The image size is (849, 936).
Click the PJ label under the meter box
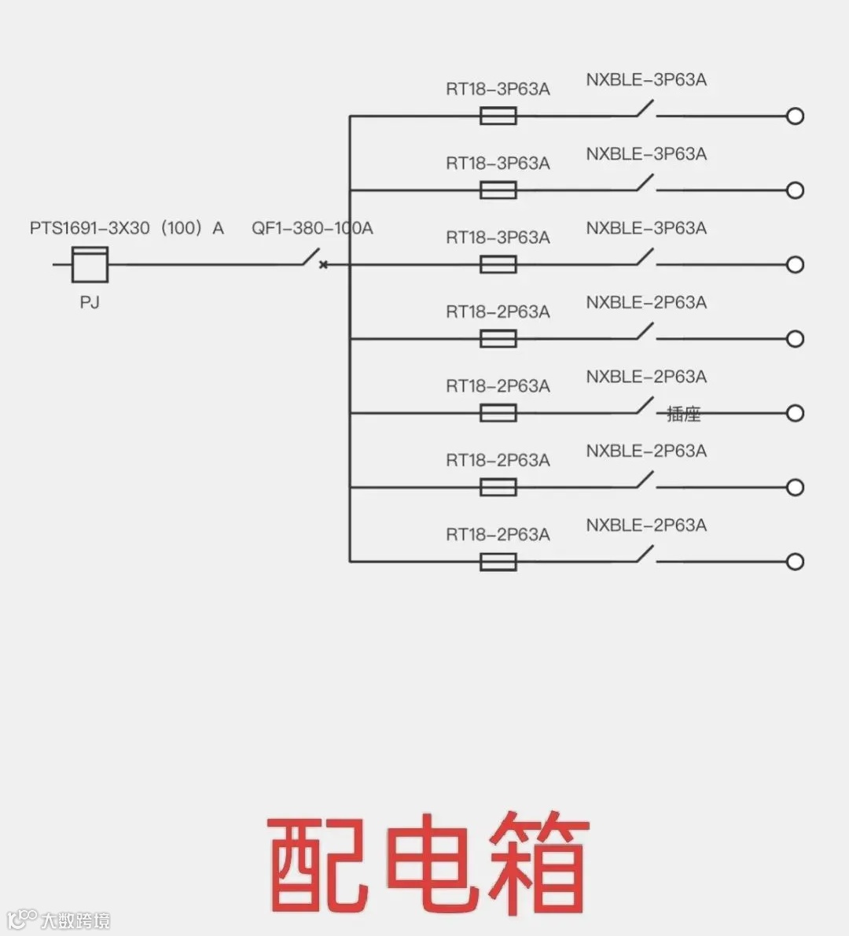(x=90, y=302)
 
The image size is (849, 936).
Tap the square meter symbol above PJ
(x=90, y=264)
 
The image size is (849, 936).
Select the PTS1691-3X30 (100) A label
(x=127, y=228)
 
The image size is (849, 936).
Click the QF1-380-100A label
(x=312, y=228)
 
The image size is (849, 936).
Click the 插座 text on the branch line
(x=683, y=414)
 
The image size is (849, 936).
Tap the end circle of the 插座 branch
(x=796, y=413)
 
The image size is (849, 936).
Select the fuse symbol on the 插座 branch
(x=498, y=413)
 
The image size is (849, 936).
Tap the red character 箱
(x=539, y=864)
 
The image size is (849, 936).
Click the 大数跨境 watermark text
(x=75, y=920)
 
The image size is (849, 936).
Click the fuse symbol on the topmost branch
(x=498, y=116)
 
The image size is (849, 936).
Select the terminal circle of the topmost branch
(x=796, y=116)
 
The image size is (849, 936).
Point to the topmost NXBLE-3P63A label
(x=646, y=79)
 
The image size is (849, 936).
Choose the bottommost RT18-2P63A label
(x=498, y=535)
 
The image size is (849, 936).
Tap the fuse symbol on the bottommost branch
(x=498, y=562)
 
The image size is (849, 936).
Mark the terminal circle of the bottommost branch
(x=796, y=562)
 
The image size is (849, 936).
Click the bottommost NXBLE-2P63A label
(x=646, y=525)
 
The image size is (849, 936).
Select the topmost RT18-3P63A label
(x=498, y=89)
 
